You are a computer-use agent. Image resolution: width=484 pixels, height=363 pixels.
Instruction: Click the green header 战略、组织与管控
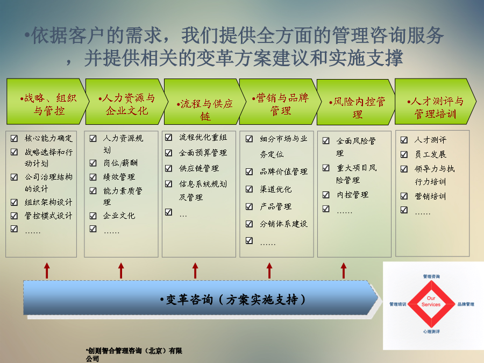[x=46, y=102]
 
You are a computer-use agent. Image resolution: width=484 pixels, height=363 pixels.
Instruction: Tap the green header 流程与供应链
[x=204, y=102]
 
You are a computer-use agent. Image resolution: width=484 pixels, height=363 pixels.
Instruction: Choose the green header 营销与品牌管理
[x=280, y=102]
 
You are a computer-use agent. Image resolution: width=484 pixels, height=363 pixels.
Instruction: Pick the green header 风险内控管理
[x=357, y=102]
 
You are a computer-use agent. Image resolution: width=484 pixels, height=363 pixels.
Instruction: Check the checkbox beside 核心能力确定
[x=14, y=138]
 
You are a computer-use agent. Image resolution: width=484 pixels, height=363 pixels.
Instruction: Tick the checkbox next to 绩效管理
[x=93, y=177]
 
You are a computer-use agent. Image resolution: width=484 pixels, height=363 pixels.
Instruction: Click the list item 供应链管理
[x=199, y=168]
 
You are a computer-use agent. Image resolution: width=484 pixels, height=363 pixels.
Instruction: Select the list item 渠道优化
[x=275, y=189]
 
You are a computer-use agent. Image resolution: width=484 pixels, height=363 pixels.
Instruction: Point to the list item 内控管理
[x=352, y=195]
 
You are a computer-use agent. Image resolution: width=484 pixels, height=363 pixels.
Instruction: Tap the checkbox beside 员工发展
[x=404, y=154]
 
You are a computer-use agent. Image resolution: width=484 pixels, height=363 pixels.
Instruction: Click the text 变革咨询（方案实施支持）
[x=233, y=300]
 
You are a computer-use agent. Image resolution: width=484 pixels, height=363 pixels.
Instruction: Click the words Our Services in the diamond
[x=431, y=301]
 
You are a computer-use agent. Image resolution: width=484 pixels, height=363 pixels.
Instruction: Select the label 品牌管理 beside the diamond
[x=466, y=304]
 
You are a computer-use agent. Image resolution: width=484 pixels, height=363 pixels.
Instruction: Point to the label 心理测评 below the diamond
[x=431, y=331]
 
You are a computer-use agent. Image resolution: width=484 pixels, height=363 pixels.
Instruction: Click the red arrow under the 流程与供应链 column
[x=195, y=271]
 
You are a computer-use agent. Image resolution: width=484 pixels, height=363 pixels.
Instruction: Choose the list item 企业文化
[x=119, y=216]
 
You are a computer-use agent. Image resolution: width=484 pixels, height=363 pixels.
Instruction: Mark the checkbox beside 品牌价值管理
[x=249, y=172]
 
